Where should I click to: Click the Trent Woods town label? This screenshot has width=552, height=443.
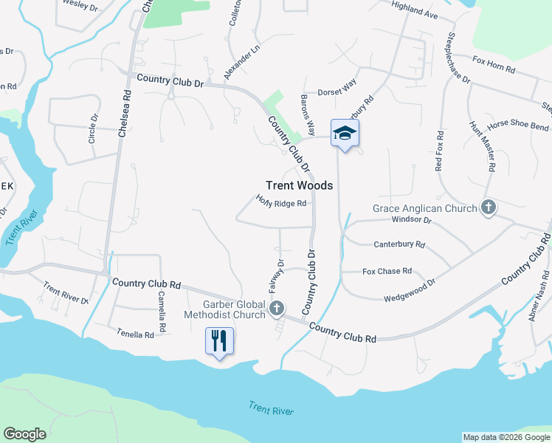point(299,185)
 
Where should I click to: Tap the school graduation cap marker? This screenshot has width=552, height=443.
point(344,133)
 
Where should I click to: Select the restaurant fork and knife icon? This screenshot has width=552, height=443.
point(218,341)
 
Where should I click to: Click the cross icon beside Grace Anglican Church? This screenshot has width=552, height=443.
point(488,208)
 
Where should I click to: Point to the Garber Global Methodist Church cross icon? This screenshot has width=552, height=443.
point(277,308)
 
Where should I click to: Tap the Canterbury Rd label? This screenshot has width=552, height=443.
point(399,244)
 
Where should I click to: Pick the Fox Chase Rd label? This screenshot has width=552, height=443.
point(387,271)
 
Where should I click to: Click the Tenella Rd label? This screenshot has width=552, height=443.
point(135,334)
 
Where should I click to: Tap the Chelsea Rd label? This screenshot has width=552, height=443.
point(124,114)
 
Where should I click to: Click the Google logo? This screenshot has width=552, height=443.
point(24,434)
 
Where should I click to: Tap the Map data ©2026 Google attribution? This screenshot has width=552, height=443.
point(506,437)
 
